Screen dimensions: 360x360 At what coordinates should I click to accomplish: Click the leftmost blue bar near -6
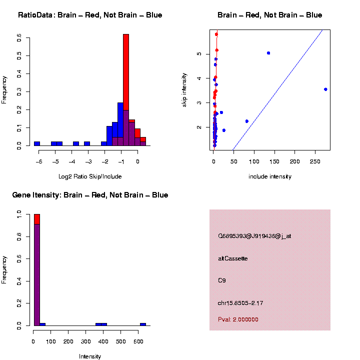pos(36,143)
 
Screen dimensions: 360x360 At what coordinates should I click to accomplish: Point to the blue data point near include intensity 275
pos(325,89)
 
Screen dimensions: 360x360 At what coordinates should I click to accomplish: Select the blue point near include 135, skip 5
pos(268,53)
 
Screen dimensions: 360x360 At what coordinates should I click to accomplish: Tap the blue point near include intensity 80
pos(247,121)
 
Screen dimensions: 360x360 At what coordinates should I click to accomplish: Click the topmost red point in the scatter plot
pos(216,34)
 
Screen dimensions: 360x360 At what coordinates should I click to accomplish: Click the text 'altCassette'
pos(232,258)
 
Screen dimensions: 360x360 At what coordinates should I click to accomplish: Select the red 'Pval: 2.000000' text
pos(238,319)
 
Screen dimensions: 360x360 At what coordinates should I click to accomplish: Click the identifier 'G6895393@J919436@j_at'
pos(254,236)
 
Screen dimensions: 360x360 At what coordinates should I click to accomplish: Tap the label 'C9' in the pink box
pos(222,280)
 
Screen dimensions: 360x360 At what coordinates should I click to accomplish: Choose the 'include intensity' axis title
pos(270,176)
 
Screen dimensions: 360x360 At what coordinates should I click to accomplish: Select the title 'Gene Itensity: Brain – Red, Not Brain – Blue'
pos(90,195)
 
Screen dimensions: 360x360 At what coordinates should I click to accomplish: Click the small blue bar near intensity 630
pos(143,324)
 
